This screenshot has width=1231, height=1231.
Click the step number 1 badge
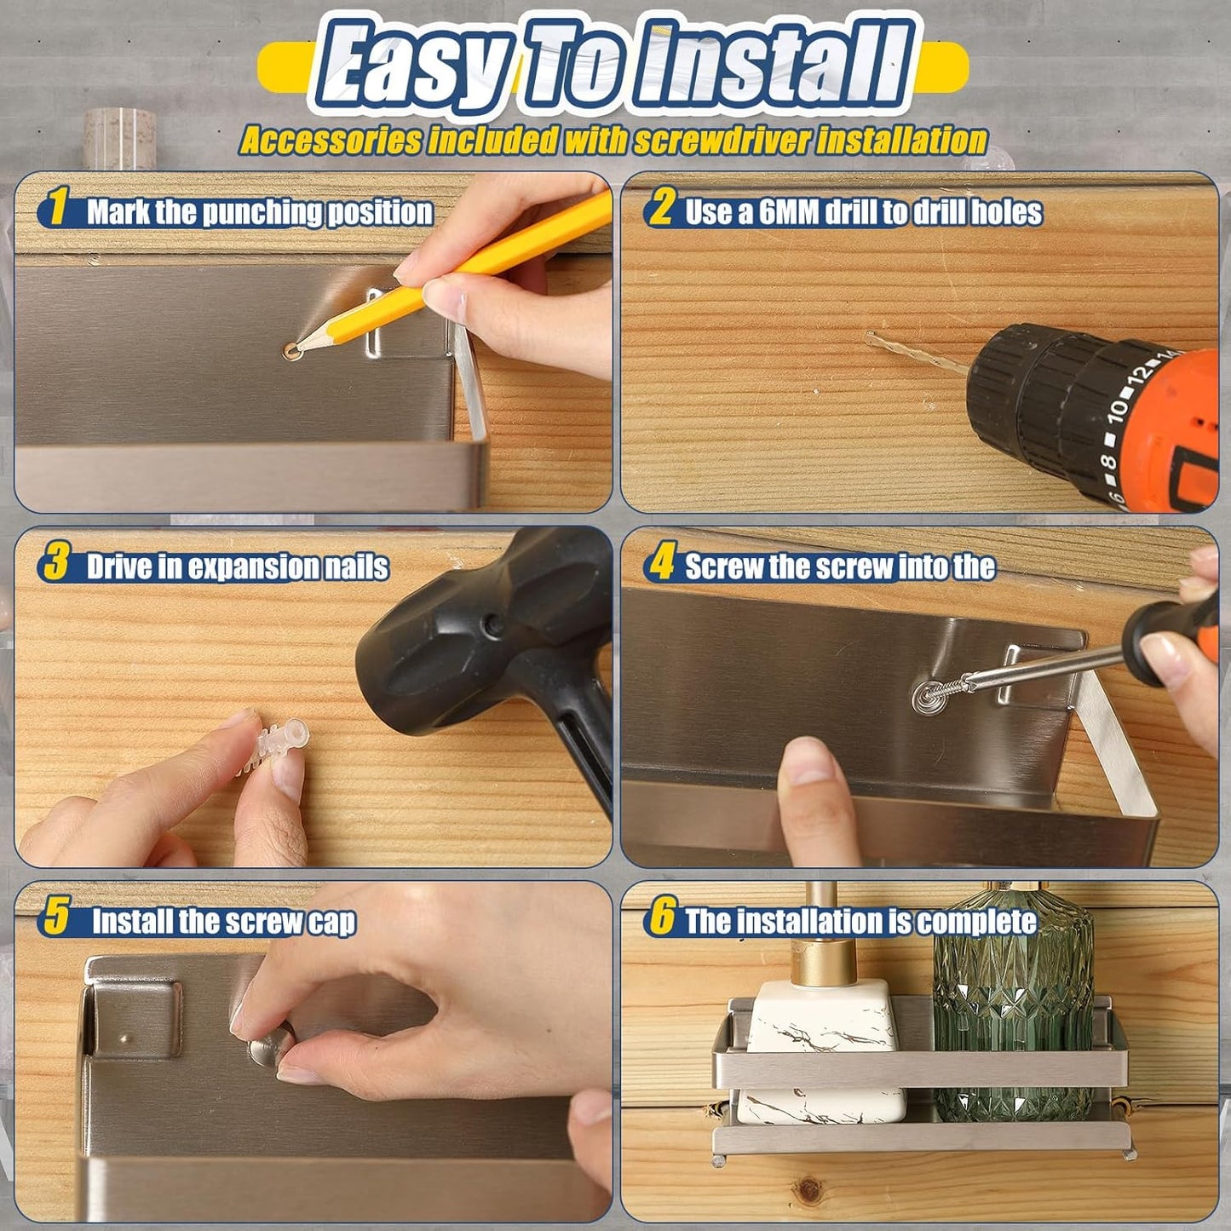pyautogui.click(x=57, y=210)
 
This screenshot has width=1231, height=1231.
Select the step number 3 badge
pyautogui.click(x=56, y=565)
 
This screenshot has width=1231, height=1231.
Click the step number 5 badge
pyautogui.click(x=57, y=920)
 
